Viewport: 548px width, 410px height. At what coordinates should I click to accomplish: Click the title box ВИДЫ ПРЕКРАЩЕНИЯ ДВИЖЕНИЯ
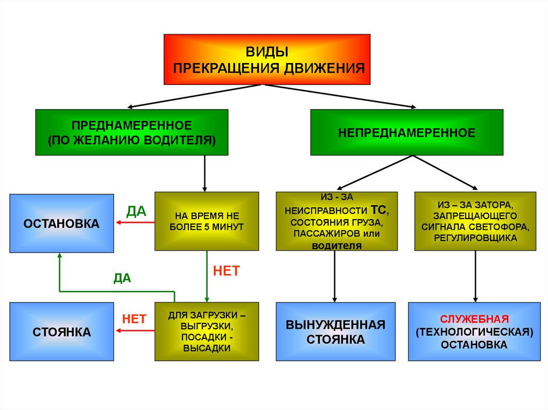pyautogui.click(x=267, y=59)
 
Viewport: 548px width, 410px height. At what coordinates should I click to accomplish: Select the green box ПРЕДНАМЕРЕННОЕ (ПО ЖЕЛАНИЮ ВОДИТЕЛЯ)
pyautogui.click(x=132, y=133)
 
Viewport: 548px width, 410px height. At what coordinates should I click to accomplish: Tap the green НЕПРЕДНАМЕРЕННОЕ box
pyautogui.click(x=407, y=133)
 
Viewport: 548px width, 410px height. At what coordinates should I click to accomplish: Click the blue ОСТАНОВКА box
pyautogui.click(x=62, y=223)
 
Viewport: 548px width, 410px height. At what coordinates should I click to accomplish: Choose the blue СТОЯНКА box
pyautogui.click(x=62, y=332)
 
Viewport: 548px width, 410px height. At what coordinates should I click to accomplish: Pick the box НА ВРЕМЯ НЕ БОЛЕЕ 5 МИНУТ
pyautogui.click(x=207, y=221)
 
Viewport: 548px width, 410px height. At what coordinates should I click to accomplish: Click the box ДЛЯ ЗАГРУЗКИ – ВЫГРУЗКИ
pyautogui.click(x=207, y=331)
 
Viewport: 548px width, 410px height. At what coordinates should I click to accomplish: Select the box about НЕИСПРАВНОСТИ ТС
pyautogui.click(x=337, y=221)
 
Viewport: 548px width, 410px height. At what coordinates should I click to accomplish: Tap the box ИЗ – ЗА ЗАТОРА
pyautogui.click(x=475, y=221)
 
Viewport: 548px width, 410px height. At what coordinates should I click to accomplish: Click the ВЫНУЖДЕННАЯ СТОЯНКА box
pyautogui.click(x=336, y=332)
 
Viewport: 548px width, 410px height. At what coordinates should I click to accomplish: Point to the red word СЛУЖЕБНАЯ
pyautogui.click(x=474, y=319)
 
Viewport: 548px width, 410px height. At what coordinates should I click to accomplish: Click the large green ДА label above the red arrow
pyautogui.click(x=136, y=211)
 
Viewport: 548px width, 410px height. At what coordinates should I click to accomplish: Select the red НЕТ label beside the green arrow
pyautogui.click(x=226, y=270)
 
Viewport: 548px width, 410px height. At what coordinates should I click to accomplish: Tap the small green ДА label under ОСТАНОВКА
pyautogui.click(x=122, y=278)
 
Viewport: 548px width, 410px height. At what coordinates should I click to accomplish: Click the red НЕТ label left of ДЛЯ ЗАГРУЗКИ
pyautogui.click(x=134, y=319)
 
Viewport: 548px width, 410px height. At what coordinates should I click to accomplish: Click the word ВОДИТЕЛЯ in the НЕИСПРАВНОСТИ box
pyautogui.click(x=337, y=245)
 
